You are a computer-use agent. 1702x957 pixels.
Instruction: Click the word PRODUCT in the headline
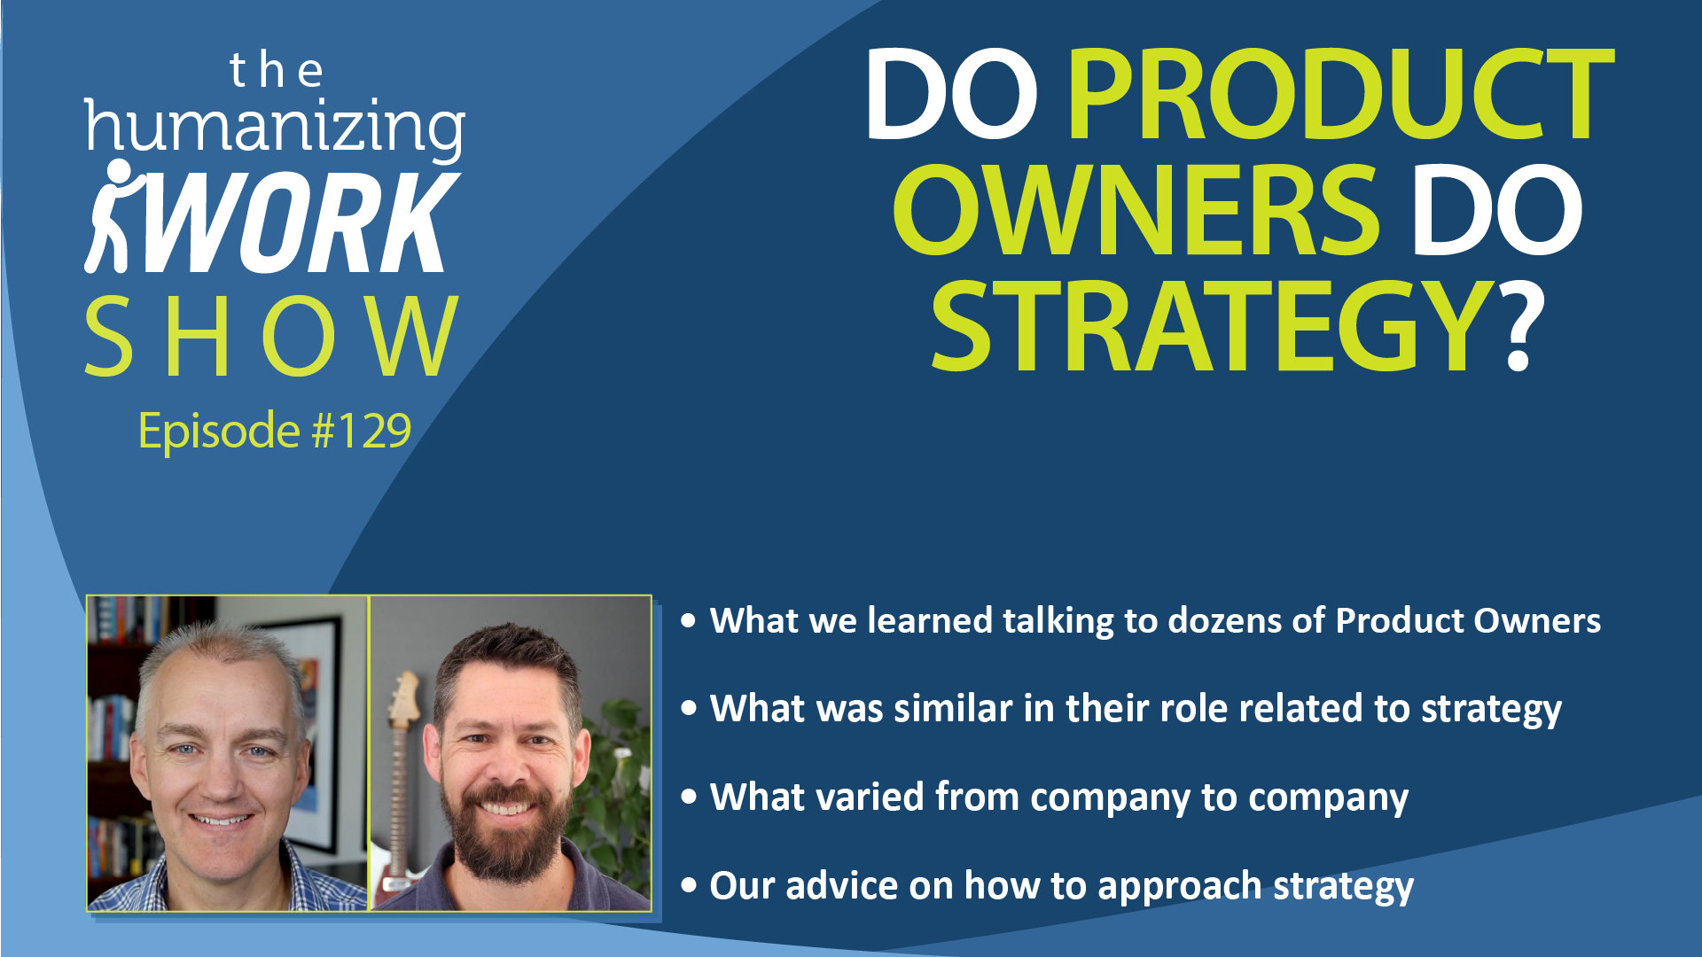click(x=1341, y=95)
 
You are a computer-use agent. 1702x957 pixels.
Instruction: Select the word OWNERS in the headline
click(x=1136, y=211)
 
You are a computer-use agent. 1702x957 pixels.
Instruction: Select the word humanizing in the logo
click(x=275, y=128)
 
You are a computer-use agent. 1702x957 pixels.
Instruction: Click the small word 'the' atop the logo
click(x=276, y=71)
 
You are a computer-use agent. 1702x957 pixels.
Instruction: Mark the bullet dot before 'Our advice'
click(x=689, y=886)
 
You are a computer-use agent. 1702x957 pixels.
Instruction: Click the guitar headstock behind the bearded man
click(x=404, y=700)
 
